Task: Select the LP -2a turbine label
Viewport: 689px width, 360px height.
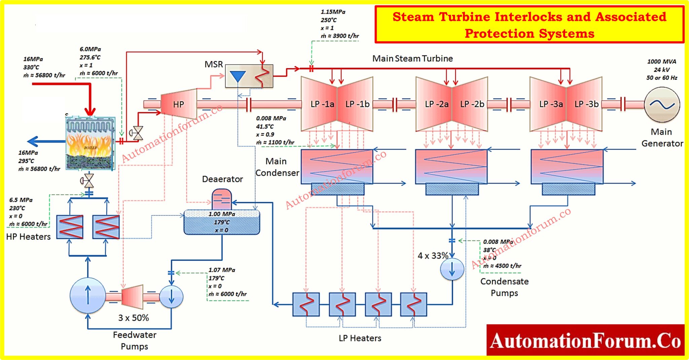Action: [x=436, y=104]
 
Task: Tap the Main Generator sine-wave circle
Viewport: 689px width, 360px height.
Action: [x=662, y=105]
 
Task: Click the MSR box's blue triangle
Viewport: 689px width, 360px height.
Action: [x=238, y=76]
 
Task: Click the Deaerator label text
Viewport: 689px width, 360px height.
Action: [x=222, y=179]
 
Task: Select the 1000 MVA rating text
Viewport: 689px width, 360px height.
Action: [x=661, y=62]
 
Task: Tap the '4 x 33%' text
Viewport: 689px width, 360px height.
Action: [x=433, y=256]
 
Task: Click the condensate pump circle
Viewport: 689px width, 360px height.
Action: [x=452, y=269]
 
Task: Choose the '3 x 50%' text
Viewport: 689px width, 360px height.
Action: [x=134, y=318]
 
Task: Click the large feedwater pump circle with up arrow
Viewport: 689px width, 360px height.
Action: [x=88, y=295]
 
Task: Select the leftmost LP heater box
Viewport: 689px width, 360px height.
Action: [x=306, y=304]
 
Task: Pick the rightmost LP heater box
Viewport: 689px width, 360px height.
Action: [x=413, y=304]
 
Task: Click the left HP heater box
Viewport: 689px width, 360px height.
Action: [x=70, y=227]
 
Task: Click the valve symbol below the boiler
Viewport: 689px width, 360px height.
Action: [x=88, y=181]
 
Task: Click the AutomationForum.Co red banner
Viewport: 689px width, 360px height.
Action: [x=585, y=340]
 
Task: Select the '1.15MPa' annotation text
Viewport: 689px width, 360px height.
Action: [x=333, y=12]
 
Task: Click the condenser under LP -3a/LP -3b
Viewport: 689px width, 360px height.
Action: [x=567, y=167]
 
